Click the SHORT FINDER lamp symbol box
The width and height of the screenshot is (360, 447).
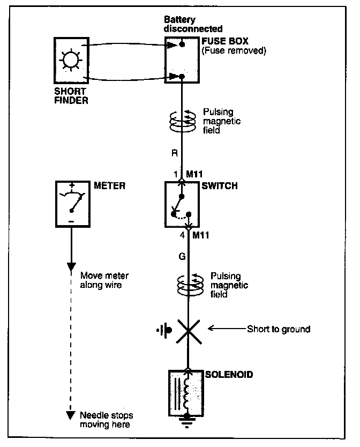71,60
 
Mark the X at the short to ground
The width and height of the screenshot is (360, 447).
187,330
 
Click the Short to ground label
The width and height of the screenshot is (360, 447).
278,329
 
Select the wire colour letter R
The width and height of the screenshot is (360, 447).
174,153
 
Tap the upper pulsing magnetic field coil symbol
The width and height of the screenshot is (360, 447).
184,122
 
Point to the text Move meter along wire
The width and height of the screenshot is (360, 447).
104,281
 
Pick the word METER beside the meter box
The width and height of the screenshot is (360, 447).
110,186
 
